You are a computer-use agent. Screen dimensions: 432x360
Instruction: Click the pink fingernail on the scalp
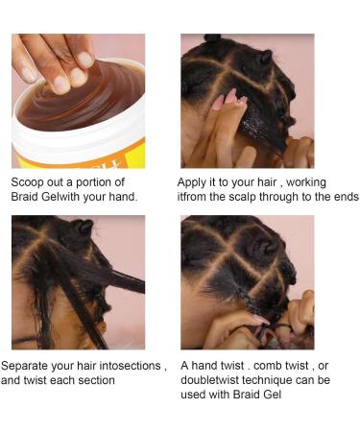pyautogui.click(x=230, y=95)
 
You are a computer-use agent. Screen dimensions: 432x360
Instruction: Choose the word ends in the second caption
pyautogui.click(x=343, y=196)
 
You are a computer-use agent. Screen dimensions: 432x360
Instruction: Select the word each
pyautogui.click(x=79, y=380)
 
